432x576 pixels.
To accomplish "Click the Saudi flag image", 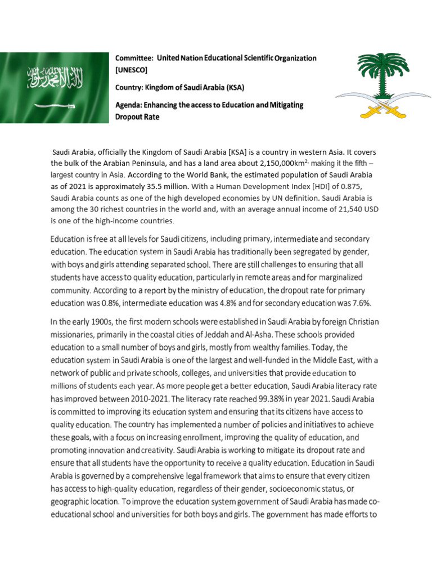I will [x=54, y=87].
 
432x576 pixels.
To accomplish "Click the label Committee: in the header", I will [x=134, y=58].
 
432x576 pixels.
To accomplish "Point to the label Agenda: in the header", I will [x=130, y=105].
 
